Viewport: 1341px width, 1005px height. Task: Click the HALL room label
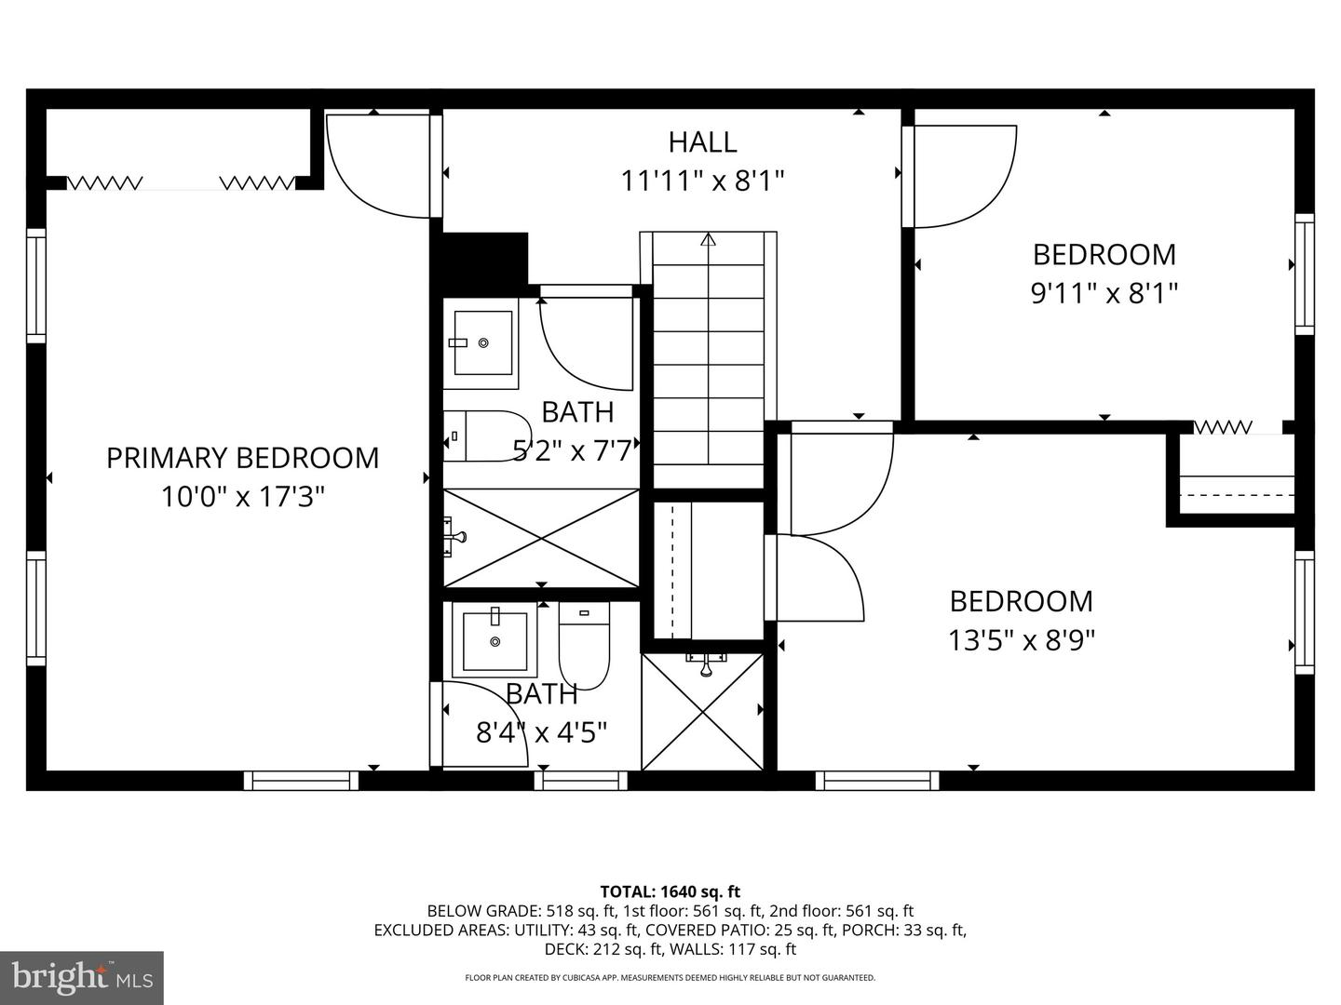point(702,142)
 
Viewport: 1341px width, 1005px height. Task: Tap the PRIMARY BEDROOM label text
point(242,458)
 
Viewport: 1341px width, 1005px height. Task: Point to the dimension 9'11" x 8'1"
point(1104,294)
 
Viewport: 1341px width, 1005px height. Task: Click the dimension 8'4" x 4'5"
point(541,732)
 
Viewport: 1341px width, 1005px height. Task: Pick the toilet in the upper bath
point(483,435)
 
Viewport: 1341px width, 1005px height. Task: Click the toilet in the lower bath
point(584,642)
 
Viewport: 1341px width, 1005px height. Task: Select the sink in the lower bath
point(494,640)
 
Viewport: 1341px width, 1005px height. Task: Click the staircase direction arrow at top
point(708,240)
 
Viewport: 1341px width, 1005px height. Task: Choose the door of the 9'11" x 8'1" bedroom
point(964,177)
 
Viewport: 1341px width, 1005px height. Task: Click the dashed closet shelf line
point(1237,495)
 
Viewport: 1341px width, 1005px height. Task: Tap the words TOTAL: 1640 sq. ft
point(670,891)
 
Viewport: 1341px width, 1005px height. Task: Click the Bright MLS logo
point(82,977)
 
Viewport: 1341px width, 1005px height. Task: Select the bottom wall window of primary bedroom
point(301,781)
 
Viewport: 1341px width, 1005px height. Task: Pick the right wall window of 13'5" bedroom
point(1305,611)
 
